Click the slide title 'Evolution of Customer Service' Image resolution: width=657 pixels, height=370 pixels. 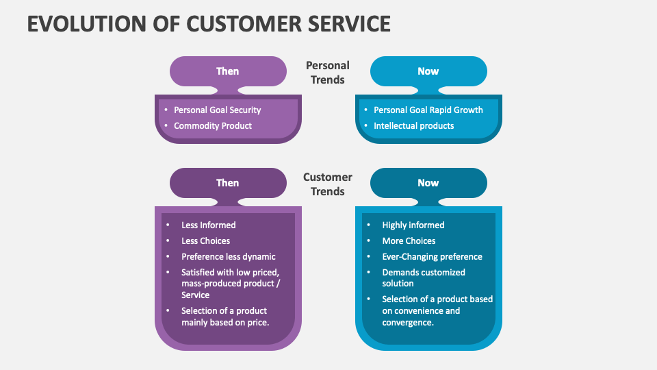coord(209,23)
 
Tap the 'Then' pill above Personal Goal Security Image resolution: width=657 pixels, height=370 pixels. coord(228,71)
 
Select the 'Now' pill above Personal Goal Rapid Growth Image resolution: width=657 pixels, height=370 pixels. coord(428,71)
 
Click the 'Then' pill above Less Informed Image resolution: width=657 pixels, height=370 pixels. coord(228,183)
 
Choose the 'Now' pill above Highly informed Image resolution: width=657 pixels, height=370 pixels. coord(428,183)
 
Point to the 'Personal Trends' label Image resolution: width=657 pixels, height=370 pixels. coord(328,73)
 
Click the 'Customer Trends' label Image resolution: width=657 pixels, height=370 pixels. coord(328,184)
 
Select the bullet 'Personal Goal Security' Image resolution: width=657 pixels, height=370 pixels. coord(217,110)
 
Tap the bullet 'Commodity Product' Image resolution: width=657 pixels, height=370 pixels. coord(213,126)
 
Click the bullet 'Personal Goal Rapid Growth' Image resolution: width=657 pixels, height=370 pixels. coord(428,110)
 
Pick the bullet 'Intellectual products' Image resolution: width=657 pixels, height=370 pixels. coord(413,126)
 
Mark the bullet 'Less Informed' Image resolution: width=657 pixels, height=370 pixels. coord(208,225)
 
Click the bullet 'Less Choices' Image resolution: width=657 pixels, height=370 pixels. coord(205,241)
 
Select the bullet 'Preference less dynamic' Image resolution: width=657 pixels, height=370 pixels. coord(228,257)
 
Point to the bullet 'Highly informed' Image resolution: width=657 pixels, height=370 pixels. coord(413,225)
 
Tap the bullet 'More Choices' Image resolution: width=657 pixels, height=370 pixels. coord(409,241)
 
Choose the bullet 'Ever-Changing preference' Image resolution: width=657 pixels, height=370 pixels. coord(432,257)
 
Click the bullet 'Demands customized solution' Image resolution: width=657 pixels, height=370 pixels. coord(423,277)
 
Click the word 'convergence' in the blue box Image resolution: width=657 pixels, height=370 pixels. coord(407,323)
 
